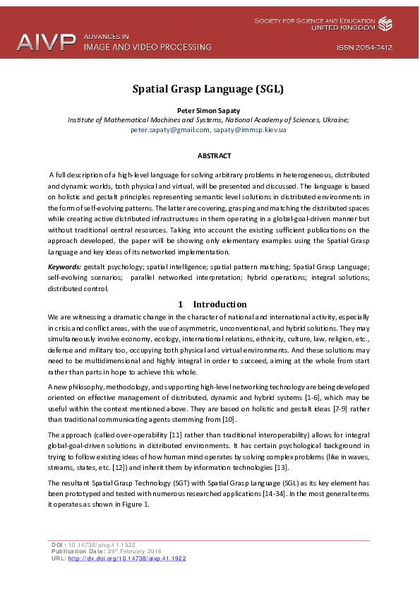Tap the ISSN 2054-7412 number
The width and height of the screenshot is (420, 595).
[364, 48]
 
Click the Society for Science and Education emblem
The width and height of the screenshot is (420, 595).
[385, 25]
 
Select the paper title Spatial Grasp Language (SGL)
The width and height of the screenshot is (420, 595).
[208, 89]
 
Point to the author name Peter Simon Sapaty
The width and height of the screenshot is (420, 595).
[208, 111]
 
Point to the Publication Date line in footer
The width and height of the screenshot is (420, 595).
[107, 551]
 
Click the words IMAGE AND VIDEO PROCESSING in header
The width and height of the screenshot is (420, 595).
[148, 47]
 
